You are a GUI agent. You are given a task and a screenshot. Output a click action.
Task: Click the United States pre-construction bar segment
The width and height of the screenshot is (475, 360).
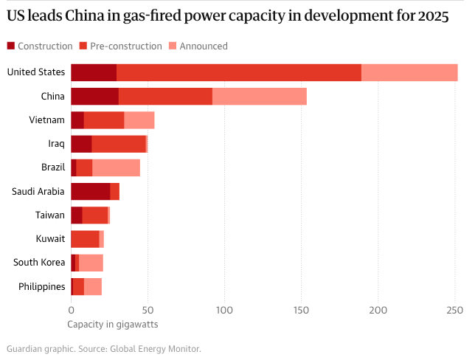tap(238, 72)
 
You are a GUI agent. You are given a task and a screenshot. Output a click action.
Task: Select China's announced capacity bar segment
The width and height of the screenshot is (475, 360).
tap(259, 96)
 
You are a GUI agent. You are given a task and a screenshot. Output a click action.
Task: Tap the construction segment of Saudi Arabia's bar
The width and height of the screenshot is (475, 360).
tap(90, 191)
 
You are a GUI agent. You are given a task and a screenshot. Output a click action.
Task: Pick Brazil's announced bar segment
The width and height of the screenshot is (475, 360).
tap(116, 167)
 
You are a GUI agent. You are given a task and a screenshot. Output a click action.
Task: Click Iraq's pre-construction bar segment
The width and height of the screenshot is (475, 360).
tap(119, 144)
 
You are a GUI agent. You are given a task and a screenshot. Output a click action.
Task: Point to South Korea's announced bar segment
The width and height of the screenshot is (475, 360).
tap(91, 263)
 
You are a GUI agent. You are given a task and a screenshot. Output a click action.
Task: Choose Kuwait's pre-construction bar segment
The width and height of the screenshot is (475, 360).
tap(85, 239)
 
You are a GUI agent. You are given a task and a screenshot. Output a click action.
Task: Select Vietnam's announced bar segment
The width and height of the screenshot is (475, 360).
tap(139, 120)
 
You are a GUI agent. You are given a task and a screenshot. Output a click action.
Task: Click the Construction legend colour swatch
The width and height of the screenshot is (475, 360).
tap(10, 46)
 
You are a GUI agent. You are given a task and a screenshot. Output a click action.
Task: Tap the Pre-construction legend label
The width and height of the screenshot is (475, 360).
tap(125, 46)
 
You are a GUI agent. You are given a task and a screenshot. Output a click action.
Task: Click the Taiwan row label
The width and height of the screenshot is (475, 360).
tap(50, 215)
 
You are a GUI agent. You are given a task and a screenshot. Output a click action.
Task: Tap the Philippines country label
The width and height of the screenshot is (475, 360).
tap(41, 286)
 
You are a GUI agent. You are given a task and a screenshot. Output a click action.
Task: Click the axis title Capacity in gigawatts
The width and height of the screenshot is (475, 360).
tap(113, 324)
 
